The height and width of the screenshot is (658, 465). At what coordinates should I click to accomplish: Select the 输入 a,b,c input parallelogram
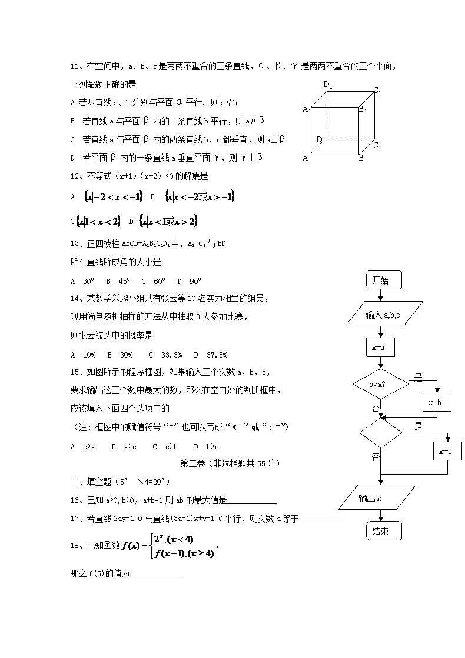point(383,315)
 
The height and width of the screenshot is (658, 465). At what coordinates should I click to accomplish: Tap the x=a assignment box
point(380,348)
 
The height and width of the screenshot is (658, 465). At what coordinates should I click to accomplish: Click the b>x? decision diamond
point(380,385)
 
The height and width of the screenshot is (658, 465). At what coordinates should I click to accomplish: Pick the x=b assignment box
point(439,403)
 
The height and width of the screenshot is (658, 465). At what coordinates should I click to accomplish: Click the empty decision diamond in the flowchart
point(380,433)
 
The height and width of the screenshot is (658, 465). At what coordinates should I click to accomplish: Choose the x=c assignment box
point(447,451)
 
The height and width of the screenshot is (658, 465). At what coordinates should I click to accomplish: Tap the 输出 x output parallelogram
point(378,498)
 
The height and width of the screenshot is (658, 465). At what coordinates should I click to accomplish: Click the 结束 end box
point(384,531)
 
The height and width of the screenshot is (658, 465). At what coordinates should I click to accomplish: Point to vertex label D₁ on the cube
point(328,86)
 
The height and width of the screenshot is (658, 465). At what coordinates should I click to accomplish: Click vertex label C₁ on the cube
point(377,91)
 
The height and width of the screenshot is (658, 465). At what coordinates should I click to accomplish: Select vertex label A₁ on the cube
point(306,109)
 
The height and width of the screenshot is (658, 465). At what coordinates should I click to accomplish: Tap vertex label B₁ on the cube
point(363,111)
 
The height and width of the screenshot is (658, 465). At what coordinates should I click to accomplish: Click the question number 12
point(75,175)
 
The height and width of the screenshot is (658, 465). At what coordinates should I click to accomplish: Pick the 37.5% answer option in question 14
point(217,355)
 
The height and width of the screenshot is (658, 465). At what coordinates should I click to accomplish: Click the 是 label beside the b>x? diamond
point(418,378)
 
